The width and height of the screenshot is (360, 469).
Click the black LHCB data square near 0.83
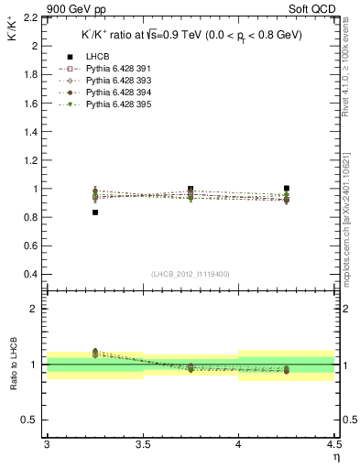(94, 213)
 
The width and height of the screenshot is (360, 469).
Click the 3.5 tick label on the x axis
(143, 445)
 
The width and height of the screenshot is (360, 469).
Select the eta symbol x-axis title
(336, 457)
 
